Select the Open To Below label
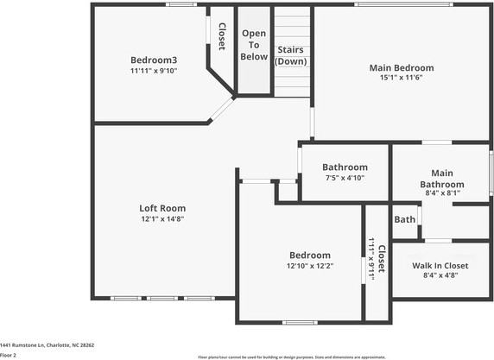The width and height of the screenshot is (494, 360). click(254, 45)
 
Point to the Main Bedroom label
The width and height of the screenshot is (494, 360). click(402, 67)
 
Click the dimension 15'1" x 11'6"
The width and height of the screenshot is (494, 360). click(402, 78)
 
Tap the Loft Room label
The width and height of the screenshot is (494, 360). click(162, 208)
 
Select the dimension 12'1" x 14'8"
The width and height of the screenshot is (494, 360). click(162, 218)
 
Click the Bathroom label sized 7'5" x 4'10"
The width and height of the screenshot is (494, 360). click(345, 167)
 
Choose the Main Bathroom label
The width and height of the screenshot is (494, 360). click(441, 179)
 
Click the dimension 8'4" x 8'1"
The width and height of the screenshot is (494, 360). click(441, 193)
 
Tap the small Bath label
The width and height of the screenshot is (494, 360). click(404, 219)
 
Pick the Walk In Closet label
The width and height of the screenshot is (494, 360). click(440, 265)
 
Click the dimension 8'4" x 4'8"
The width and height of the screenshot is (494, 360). click(440, 275)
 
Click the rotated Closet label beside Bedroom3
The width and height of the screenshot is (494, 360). click(221, 35)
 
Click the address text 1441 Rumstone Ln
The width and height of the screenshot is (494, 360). click(47, 344)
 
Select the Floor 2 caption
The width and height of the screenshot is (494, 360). click(9, 355)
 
